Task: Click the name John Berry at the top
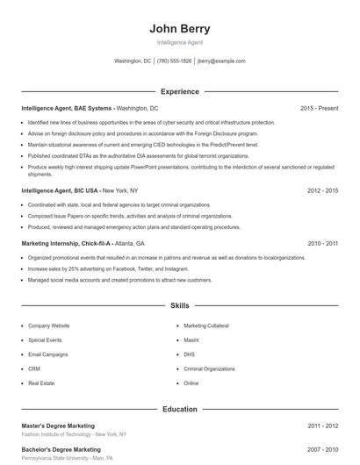coord(180,28)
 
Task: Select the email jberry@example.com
coord(221,61)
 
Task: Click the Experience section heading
coord(180,91)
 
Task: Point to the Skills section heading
coord(180,306)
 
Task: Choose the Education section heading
coord(180,409)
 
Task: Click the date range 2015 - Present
coord(319,108)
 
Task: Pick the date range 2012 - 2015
coord(323,190)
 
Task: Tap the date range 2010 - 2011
coord(323,243)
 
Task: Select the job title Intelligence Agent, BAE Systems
coord(67,108)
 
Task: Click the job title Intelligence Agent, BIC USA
coord(60,190)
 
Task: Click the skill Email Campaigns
coord(47,354)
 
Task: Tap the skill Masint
coord(191,340)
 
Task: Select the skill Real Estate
coord(41,383)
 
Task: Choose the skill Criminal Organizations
coord(211,368)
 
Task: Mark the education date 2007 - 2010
coord(323,449)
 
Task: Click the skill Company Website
coord(48,325)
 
